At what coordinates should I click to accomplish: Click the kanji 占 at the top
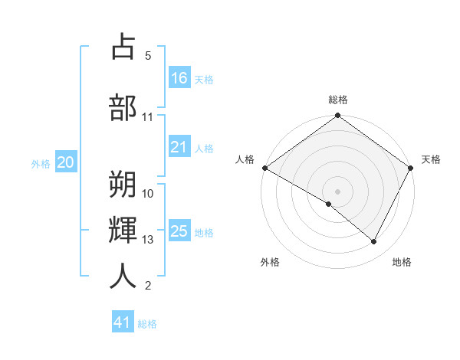(x=123, y=47)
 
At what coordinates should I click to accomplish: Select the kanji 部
(x=123, y=107)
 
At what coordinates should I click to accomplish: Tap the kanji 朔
(x=123, y=183)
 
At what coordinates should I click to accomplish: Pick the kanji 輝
(x=123, y=229)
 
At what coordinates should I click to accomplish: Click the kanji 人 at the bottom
(x=123, y=275)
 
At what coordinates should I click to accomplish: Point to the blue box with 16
(x=179, y=78)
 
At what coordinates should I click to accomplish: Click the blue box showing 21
(x=179, y=148)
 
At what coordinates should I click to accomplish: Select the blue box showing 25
(x=179, y=232)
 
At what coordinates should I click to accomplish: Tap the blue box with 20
(x=66, y=162)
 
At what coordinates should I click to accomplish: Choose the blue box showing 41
(x=123, y=322)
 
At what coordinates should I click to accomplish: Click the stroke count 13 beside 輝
(x=148, y=240)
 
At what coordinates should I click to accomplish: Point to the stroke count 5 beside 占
(x=148, y=56)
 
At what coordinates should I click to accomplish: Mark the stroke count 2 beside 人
(x=148, y=286)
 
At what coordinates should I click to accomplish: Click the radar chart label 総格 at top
(x=338, y=100)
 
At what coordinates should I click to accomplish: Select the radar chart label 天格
(x=431, y=159)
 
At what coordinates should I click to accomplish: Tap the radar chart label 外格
(x=270, y=262)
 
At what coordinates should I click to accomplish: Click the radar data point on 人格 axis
(x=264, y=168)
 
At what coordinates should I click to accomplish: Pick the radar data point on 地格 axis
(x=374, y=242)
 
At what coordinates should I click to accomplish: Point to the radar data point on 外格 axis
(x=329, y=204)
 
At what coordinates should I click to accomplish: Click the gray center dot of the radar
(x=337, y=191)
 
